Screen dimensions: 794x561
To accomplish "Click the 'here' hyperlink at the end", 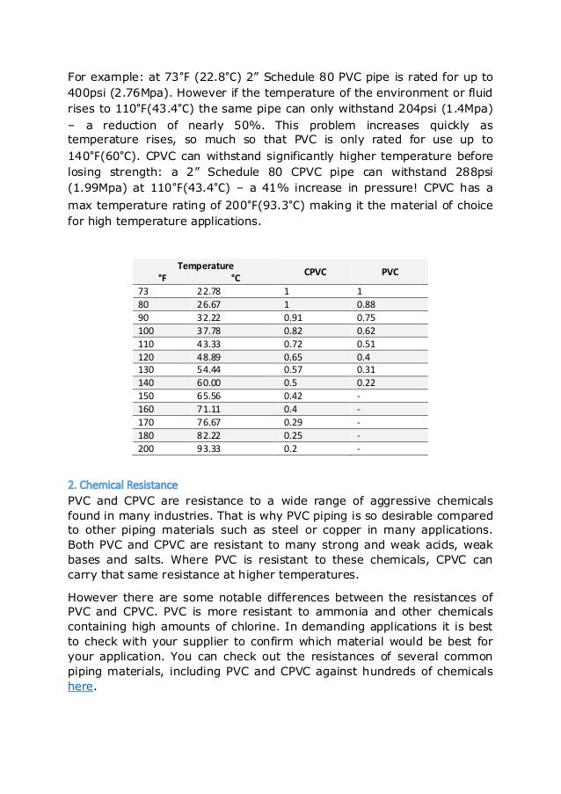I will click(80, 687).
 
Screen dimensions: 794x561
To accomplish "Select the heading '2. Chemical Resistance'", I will click(122, 484).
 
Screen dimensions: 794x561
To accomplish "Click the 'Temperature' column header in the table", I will click(205, 265).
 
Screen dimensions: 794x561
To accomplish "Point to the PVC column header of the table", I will click(390, 273).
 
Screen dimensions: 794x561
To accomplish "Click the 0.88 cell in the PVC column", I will click(367, 304).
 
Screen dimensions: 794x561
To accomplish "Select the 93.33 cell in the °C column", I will click(208, 448).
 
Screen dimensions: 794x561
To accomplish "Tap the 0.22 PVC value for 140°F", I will click(367, 383).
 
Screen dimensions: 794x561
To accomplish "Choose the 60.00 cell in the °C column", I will click(208, 383).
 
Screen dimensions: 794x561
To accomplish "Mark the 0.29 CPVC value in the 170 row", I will click(293, 422).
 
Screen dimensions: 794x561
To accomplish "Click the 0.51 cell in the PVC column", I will click(367, 344).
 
